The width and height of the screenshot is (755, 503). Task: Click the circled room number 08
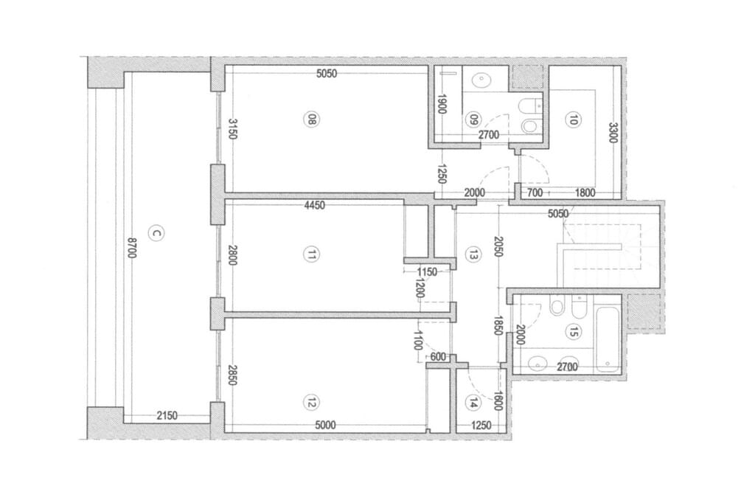312,119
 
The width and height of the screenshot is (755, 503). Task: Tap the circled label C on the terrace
156,234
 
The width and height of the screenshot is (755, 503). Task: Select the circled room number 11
312,254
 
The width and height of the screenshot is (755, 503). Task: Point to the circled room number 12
312,402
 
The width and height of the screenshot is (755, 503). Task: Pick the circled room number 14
473,403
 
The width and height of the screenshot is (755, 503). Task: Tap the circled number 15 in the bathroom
574,331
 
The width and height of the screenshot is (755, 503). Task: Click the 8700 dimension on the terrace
132,247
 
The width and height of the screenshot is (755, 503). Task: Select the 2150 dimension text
167,415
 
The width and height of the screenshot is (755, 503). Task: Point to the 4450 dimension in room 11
314,205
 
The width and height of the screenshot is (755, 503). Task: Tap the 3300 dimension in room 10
613,133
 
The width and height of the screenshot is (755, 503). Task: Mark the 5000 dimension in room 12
325,426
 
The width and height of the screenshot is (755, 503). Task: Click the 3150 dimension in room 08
232,129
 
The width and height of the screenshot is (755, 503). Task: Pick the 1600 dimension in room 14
498,400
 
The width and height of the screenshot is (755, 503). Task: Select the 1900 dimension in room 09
440,103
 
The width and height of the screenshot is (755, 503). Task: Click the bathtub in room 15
608,340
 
